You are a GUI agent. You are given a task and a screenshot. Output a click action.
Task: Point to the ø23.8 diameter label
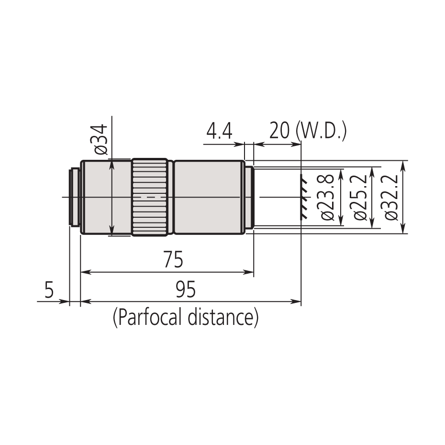pyautogui.click(x=328, y=197)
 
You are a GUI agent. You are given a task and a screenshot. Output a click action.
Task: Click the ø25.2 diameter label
pyautogui.click(x=360, y=197)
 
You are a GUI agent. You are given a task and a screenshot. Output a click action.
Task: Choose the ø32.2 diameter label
pyautogui.click(x=391, y=197)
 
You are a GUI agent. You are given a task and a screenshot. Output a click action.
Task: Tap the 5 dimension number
pyautogui.click(x=49, y=290)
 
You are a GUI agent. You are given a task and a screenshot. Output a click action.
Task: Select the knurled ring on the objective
pyautogui.click(x=150, y=197)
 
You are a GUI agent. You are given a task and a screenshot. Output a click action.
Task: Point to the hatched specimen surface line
pyautogui.click(x=303, y=197)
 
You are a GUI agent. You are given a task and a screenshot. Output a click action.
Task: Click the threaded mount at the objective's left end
pyautogui.click(x=75, y=197)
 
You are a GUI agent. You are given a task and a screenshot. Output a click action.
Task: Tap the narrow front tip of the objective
pyautogui.click(x=249, y=197)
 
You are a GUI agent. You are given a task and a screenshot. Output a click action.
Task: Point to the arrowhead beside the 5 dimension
pyautogui.click(x=66, y=301)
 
